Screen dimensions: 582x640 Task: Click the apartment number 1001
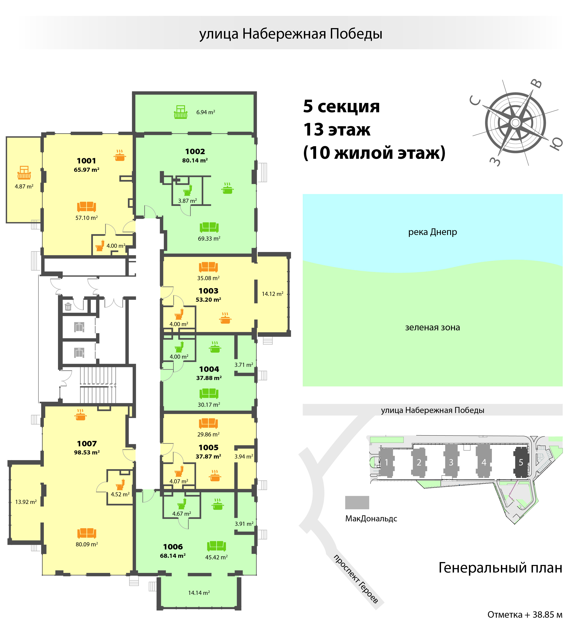click(x=86, y=161)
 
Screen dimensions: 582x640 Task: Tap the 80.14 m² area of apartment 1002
click(x=195, y=160)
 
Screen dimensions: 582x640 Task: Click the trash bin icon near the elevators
click(x=68, y=306)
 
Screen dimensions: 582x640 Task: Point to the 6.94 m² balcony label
click(x=205, y=112)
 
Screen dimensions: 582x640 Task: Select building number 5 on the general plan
click(x=521, y=462)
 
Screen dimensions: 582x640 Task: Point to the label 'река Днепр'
click(x=432, y=232)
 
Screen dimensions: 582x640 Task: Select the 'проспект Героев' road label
click(x=356, y=578)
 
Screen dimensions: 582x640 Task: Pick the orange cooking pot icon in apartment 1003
click(x=225, y=318)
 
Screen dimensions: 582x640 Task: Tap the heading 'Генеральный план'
click(x=500, y=568)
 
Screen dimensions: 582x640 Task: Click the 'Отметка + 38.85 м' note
click(x=525, y=615)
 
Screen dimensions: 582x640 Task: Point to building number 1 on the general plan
click(x=386, y=462)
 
